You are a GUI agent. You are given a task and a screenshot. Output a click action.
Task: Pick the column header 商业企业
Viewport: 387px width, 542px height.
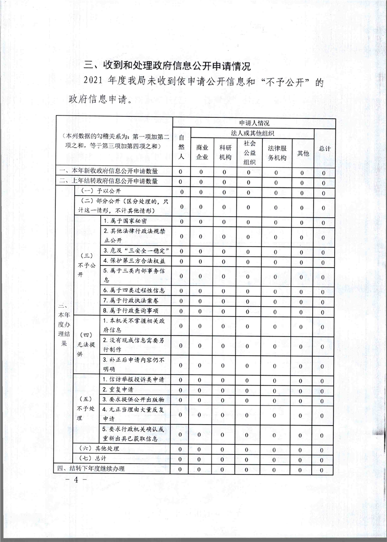coord(202,152)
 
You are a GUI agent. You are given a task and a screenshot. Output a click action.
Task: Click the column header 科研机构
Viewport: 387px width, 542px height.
coord(225,152)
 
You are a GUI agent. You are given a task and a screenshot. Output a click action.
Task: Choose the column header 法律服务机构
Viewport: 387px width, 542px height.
coord(277,152)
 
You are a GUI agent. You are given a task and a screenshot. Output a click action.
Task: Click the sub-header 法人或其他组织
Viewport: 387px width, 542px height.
coord(252,133)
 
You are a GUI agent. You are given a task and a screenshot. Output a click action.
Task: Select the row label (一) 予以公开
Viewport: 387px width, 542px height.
coord(100,191)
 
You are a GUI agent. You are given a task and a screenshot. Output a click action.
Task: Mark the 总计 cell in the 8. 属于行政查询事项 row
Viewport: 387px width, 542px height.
coord(323,310)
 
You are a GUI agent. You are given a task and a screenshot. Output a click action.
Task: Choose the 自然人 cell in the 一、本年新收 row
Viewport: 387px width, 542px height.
coord(181,172)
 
